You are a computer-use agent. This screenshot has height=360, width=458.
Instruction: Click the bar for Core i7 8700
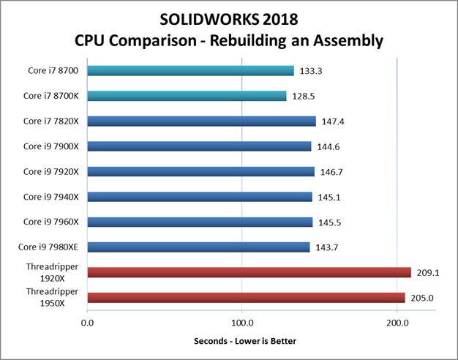click(190, 71)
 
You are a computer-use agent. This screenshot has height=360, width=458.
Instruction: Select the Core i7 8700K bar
click(187, 96)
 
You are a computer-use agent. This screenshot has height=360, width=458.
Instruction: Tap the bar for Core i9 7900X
click(199, 146)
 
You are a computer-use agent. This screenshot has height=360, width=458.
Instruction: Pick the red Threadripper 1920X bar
click(249, 273)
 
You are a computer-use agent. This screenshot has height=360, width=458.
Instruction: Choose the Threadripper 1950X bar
click(246, 298)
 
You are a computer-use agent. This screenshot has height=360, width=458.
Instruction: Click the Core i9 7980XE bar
click(198, 247)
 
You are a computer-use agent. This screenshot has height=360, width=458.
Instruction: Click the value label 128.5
click(304, 96)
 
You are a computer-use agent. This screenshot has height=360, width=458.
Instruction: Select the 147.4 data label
click(333, 121)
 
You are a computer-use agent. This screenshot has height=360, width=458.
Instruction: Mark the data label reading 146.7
click(331, 172)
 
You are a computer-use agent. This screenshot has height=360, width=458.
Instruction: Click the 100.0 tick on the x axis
click(241, 322)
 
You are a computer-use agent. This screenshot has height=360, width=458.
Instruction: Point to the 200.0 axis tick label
click(397, 322)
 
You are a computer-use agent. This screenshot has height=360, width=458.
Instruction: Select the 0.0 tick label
click(88, 322)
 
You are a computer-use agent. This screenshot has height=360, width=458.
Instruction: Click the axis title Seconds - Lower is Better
click(246, 342)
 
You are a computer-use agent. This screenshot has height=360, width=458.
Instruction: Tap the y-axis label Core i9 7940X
click(51, 197)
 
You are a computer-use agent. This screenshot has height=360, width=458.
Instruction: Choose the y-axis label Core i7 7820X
click(51, 121)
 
